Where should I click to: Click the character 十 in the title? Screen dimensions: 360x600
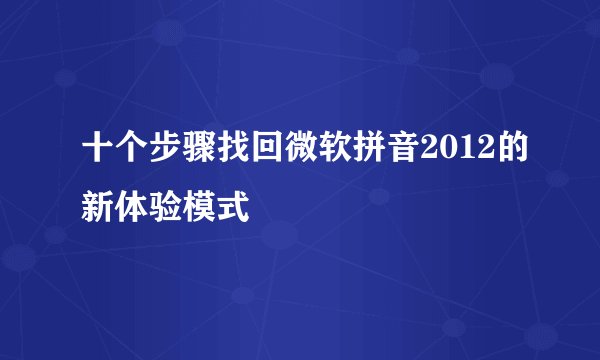(x=98, y=149)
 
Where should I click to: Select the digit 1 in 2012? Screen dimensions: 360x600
(x=442, y=149)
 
